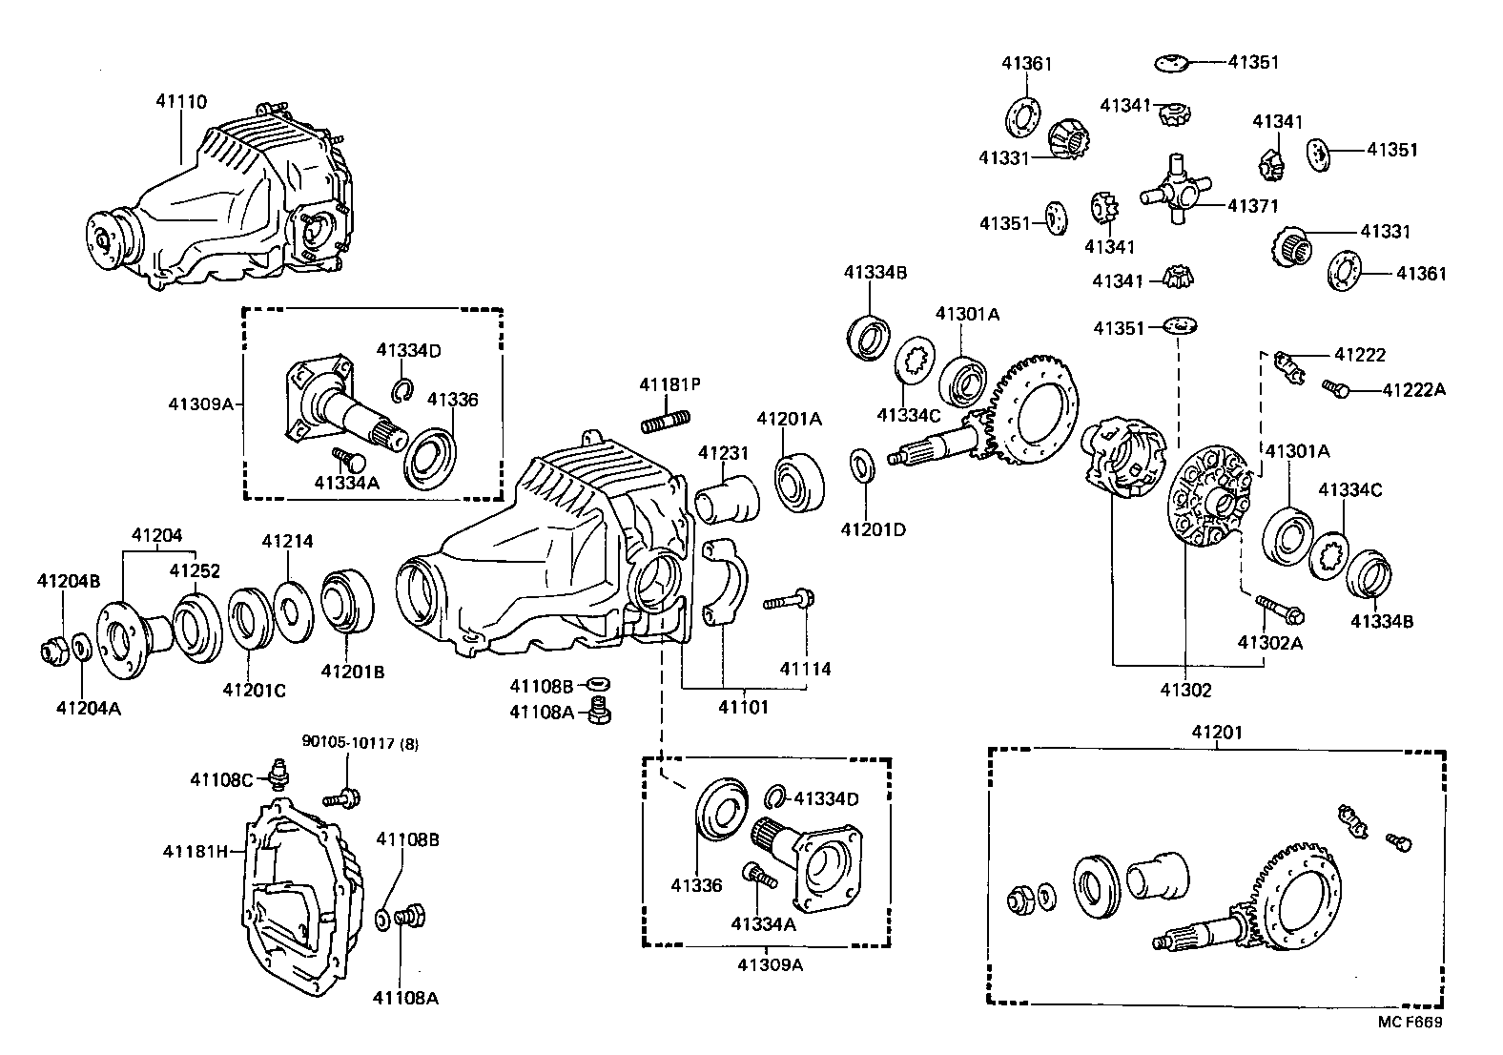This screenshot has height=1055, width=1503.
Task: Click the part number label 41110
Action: pyautogui.click(x=181, y=101)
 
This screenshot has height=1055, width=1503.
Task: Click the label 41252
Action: pyautogui.click(x=195, y=570)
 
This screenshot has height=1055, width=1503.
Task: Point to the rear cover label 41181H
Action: pyautogui.click(x=196, y=851)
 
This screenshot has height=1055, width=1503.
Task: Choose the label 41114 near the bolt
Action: pyautogui.click(x=805, y=669)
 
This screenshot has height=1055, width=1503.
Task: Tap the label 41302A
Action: pyautogui.click(x=1269, y=642)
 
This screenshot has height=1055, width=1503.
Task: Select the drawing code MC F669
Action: pyautogui.click(x=1410, y=1023)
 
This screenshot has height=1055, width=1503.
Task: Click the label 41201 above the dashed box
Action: pyautogui.click(x=1216, y=732)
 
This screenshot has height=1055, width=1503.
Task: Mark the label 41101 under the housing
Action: pyautogui.click(x=743, y=707)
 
